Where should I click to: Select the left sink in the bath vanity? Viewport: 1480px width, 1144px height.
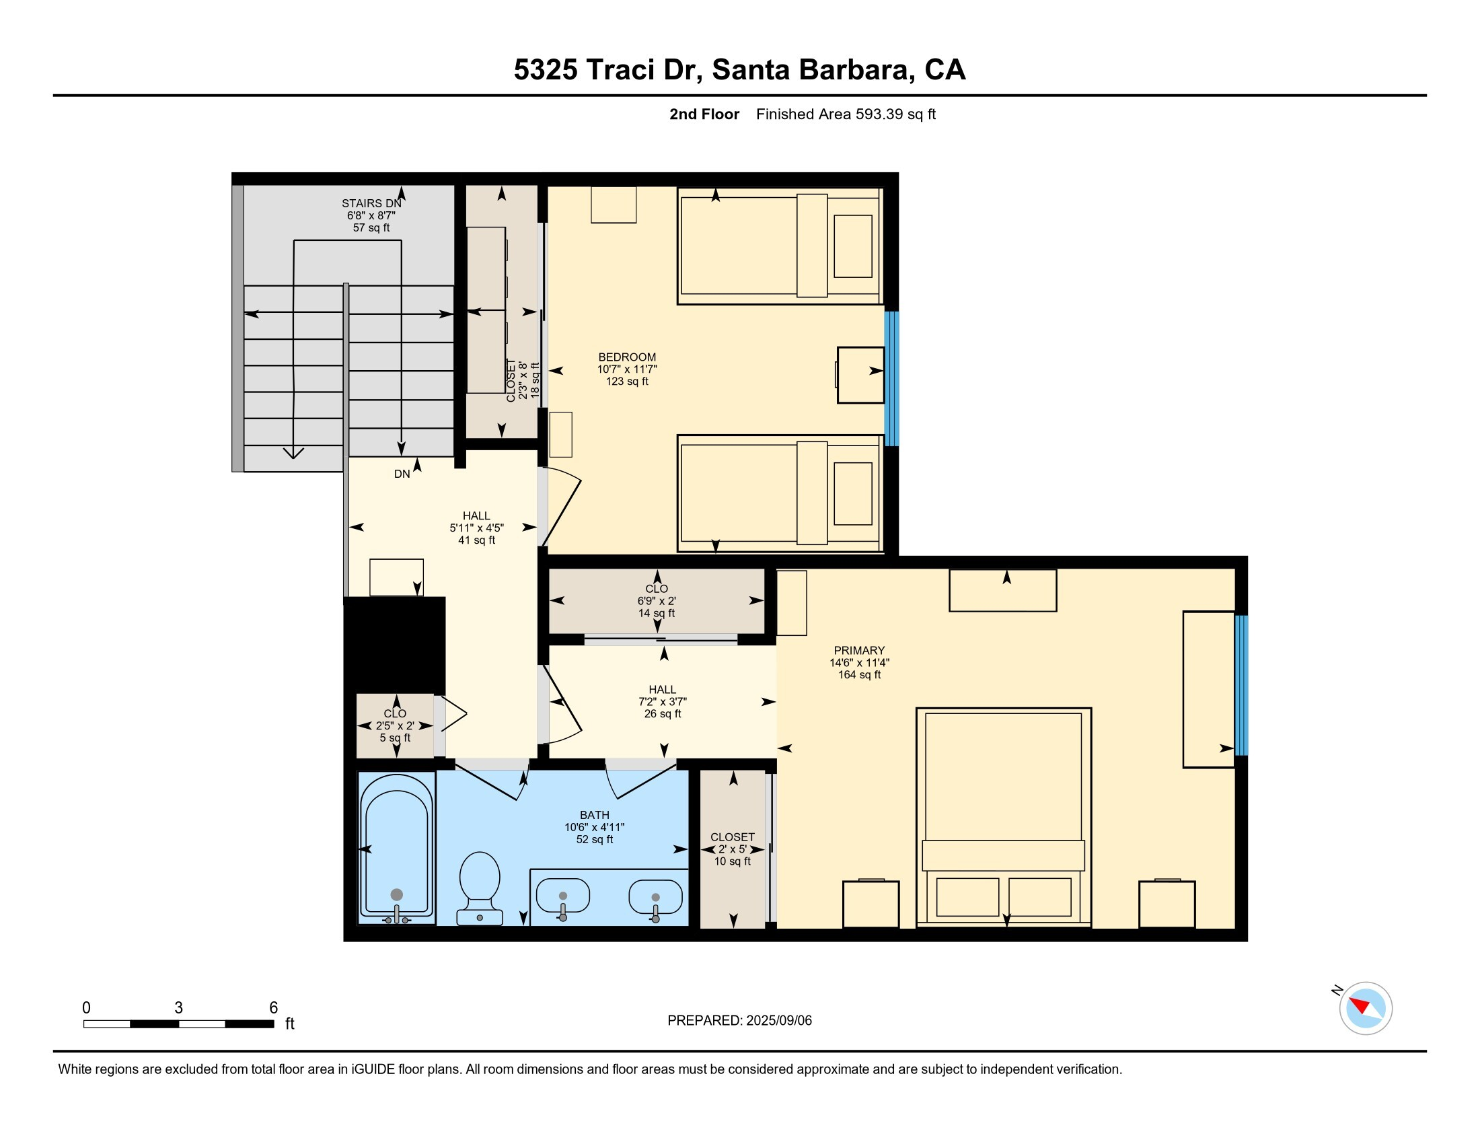pos(562,896)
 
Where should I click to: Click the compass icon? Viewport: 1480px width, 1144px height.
pos(1365,1008)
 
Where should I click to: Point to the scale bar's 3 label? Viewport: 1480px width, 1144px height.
pos(178,1007)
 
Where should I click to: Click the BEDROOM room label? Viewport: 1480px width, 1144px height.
pos(627,357)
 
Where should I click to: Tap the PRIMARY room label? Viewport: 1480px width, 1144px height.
pos(859,650)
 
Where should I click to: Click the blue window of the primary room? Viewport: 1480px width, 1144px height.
pos(1241,684)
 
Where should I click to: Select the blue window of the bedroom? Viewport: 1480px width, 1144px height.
pos(892,378)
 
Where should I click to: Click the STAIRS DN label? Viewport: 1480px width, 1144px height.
pos(371,203)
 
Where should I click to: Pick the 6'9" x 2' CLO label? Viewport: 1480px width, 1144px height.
pos(656,600)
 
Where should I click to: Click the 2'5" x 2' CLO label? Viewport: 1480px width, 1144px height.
pos(395,725)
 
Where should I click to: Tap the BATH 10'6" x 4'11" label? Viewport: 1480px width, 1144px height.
pos(594,827)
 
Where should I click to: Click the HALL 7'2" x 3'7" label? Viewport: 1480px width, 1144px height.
pos(662,701)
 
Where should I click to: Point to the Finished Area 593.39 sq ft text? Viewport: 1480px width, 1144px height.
pos(845,114)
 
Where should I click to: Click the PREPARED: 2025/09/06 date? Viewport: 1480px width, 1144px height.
pos(739,1020)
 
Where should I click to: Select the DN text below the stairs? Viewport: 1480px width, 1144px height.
pos(402,474)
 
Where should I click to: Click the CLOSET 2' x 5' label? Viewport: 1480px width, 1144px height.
pos(732,849)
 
